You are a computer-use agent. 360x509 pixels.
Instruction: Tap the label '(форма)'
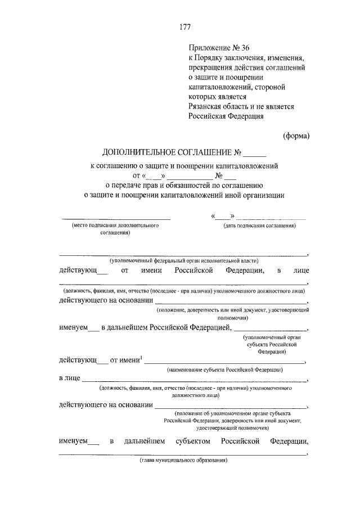[x=295, y=135]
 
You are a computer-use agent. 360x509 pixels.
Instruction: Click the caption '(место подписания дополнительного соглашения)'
[x=112, y=228]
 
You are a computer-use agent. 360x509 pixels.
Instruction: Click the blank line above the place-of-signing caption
[x=115, y=218]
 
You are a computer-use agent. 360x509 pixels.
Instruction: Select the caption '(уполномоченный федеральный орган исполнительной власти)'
[x=184, y=260]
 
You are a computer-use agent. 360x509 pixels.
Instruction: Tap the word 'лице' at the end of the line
[x=300, y=271]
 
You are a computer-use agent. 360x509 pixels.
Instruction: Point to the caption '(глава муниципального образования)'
[x=183, y=461]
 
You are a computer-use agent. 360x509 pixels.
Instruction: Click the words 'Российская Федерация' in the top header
[x=226, y=116]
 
